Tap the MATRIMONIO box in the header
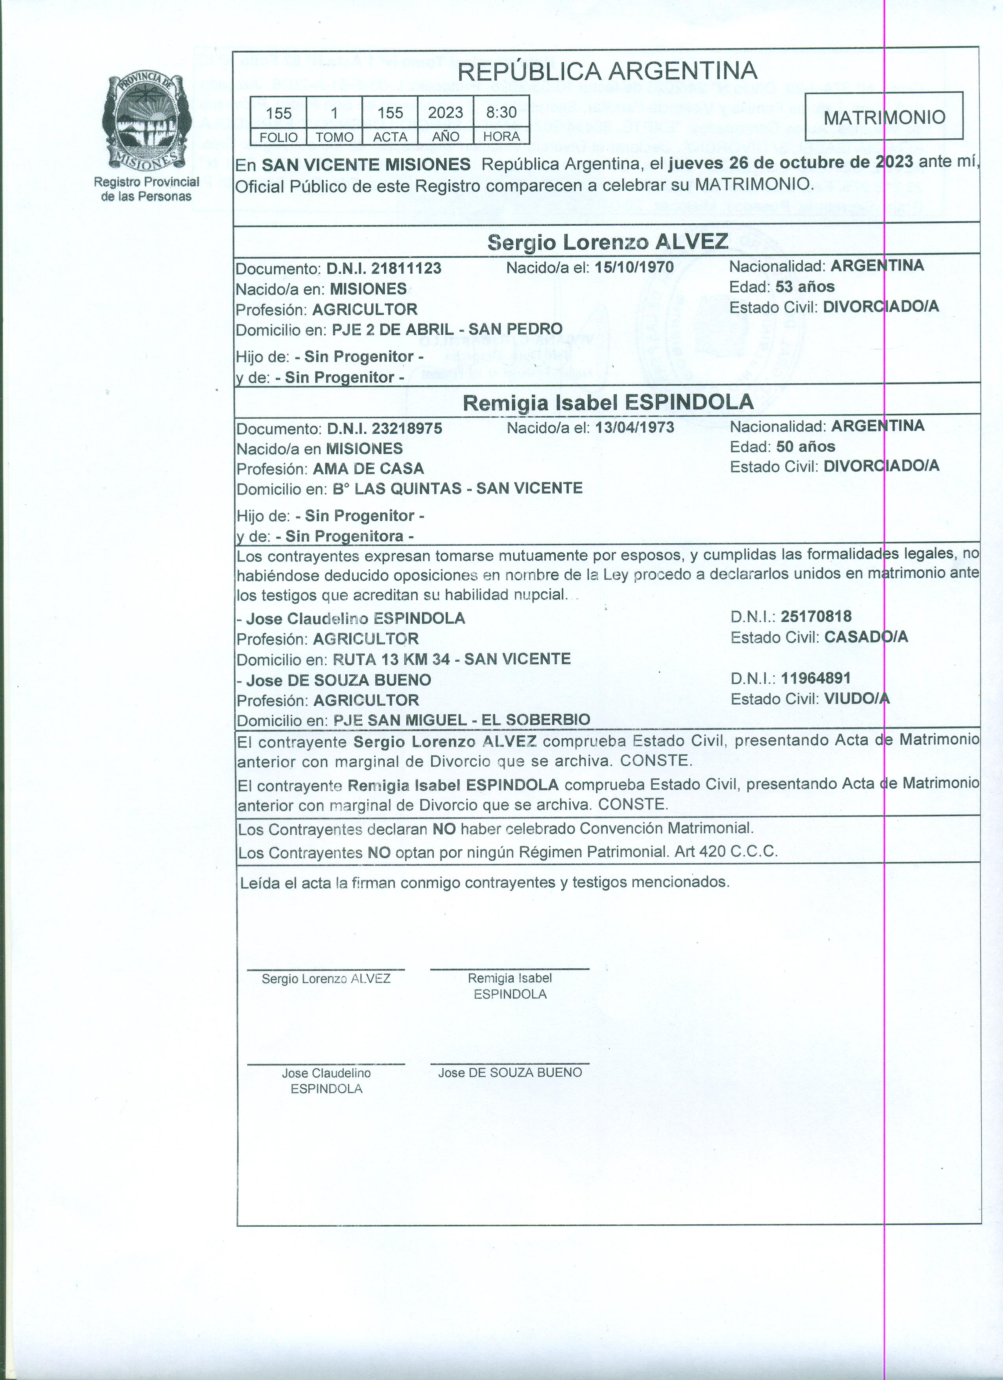(x=884, y=117)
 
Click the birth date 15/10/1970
(x=634, y=267)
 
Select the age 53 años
(x=805, y=287)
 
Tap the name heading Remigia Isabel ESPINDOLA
(x=608, y=402)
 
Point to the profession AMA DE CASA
(x=368, y=469)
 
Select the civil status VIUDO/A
(x=856, y=699)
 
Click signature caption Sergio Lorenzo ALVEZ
(x=326, y=979)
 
